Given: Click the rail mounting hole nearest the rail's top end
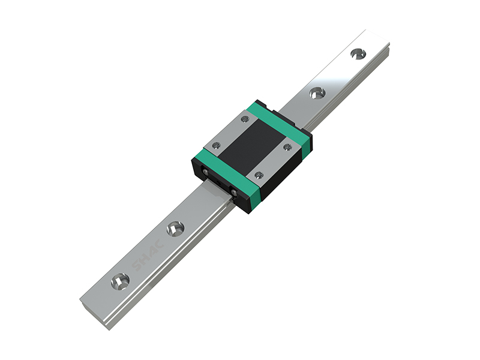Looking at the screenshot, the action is point(358,54).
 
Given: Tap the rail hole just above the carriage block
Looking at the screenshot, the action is point(317,93).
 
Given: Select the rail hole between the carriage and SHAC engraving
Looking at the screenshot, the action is point(175,229).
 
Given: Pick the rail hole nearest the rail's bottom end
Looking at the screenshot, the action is point(121,281).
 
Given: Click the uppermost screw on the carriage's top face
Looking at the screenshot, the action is point(245,119).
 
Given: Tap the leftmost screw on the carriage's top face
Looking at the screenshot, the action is point(217,145).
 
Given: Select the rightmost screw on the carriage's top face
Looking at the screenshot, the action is point(287,147).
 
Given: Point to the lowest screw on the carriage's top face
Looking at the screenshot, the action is point(260,175).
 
